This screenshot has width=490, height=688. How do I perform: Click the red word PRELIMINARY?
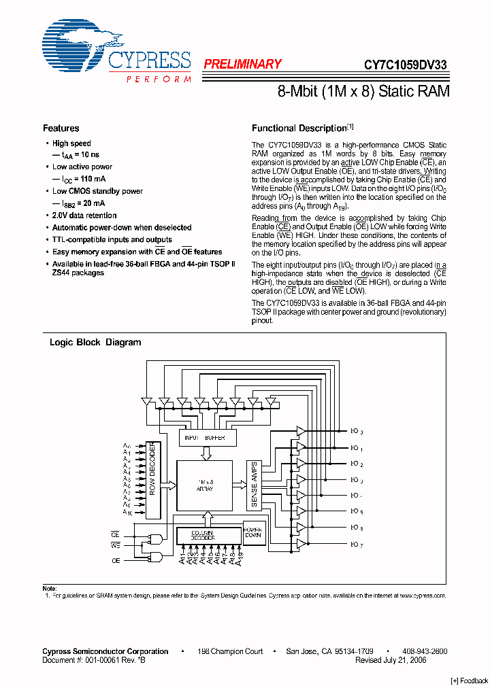pos(242,65)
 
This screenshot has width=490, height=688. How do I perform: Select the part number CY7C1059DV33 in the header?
pos(405,65)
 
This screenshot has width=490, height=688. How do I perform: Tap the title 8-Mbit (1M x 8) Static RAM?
pos(363,91)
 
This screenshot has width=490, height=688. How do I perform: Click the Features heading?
pos(61,128)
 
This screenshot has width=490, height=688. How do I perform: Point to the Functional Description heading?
pos(299,128)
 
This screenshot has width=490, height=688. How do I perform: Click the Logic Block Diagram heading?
pos(95,343)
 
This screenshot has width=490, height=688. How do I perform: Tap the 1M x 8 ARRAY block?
pos(205,485)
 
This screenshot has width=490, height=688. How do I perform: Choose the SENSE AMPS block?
pos(255,485)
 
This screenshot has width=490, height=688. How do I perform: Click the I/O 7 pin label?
pos(357,545)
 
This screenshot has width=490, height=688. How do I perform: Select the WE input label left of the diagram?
pos(115,545)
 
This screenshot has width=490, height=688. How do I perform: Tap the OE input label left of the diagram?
pos(115,560)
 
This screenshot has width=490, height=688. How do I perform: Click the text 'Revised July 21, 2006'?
pos(391,660)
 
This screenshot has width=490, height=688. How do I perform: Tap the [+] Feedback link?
pos(470,681)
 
